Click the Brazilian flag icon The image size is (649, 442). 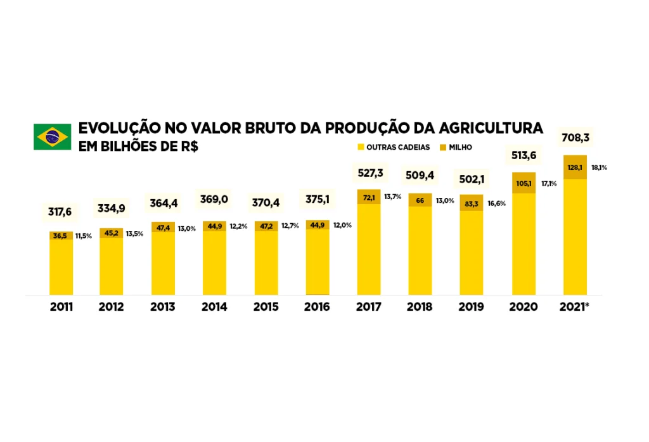tap(52, 136)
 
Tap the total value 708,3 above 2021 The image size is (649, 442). tap(575, 138)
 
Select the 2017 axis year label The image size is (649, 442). tap(368, 307)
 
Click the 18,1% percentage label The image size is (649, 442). tap(599, 168)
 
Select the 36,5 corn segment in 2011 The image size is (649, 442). tap(61, 236)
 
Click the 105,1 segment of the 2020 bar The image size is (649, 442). tap(524, 183)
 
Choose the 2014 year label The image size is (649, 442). tap(214, 307)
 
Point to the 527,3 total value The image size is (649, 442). tap(369, 173)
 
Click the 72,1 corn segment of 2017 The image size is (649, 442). tap(369, 198)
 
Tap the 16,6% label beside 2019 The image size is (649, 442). tap(497, 204)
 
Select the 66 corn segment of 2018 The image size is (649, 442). tap(420, 200)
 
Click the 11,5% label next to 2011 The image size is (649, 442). tap(84, 236)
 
